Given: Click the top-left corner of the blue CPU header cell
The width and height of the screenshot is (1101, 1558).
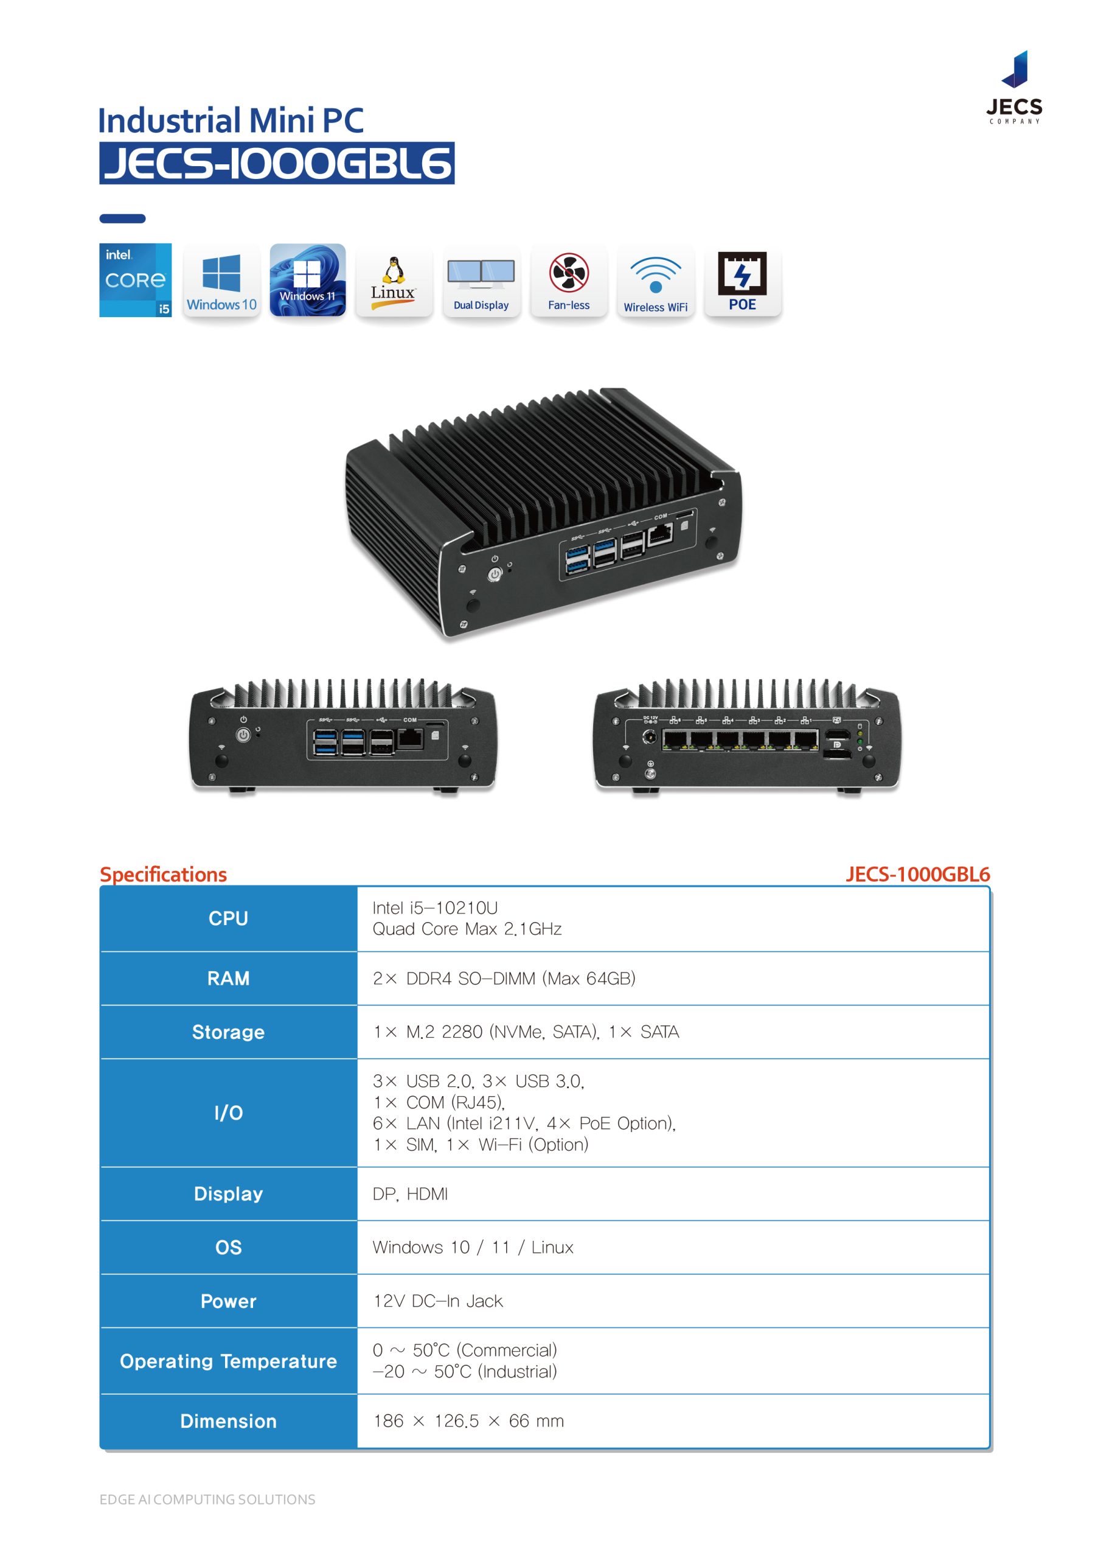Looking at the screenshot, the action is pyautogui.click(x=100, y=886).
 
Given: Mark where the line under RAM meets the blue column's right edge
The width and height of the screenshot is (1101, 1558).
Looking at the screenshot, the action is pyautogui.click(x=358, y=1005).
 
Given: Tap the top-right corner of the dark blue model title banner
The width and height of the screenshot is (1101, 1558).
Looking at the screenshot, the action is pyautogui.click(x=454, y=142).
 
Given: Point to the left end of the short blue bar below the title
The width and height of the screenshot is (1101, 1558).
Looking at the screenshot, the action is pyautogui.click(x=100, y=218).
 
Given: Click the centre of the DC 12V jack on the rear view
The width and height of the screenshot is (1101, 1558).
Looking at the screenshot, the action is pyautogui.click(x=649, y=737).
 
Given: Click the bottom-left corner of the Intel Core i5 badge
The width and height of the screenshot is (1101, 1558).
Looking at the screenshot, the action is pyautogui.click(x=100, y=317).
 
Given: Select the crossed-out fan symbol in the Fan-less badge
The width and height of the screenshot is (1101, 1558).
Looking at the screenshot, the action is pyautogui.click(x=569, y=273).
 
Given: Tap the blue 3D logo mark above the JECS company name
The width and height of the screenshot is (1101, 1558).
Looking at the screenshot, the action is pyautogui.click(x=1015, y=69).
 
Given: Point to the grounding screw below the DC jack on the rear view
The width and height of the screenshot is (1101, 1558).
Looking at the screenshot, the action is pyautogui.click(x=650, y=773).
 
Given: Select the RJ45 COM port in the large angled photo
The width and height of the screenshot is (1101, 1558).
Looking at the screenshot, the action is pyautogui.click(x=659, y=535).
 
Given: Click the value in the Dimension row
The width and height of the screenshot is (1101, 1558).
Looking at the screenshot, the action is pyautogui.click(x=468, y=1421).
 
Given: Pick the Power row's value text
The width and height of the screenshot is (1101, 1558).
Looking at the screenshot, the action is pyautogui.click(x=437, y=1301).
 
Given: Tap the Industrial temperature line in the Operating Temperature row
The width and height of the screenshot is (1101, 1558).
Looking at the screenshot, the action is pyautogui.click(x=465, y=1371).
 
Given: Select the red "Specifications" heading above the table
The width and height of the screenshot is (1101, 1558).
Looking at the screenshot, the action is pyautogui.click(x=164, y=874).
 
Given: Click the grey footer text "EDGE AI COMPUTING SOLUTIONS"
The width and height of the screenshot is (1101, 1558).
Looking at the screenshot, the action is pyautogui.click(x=207, y=1500).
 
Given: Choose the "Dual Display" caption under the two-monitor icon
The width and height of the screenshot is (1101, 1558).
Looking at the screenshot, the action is pyautogui.click(x=481, y=306).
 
